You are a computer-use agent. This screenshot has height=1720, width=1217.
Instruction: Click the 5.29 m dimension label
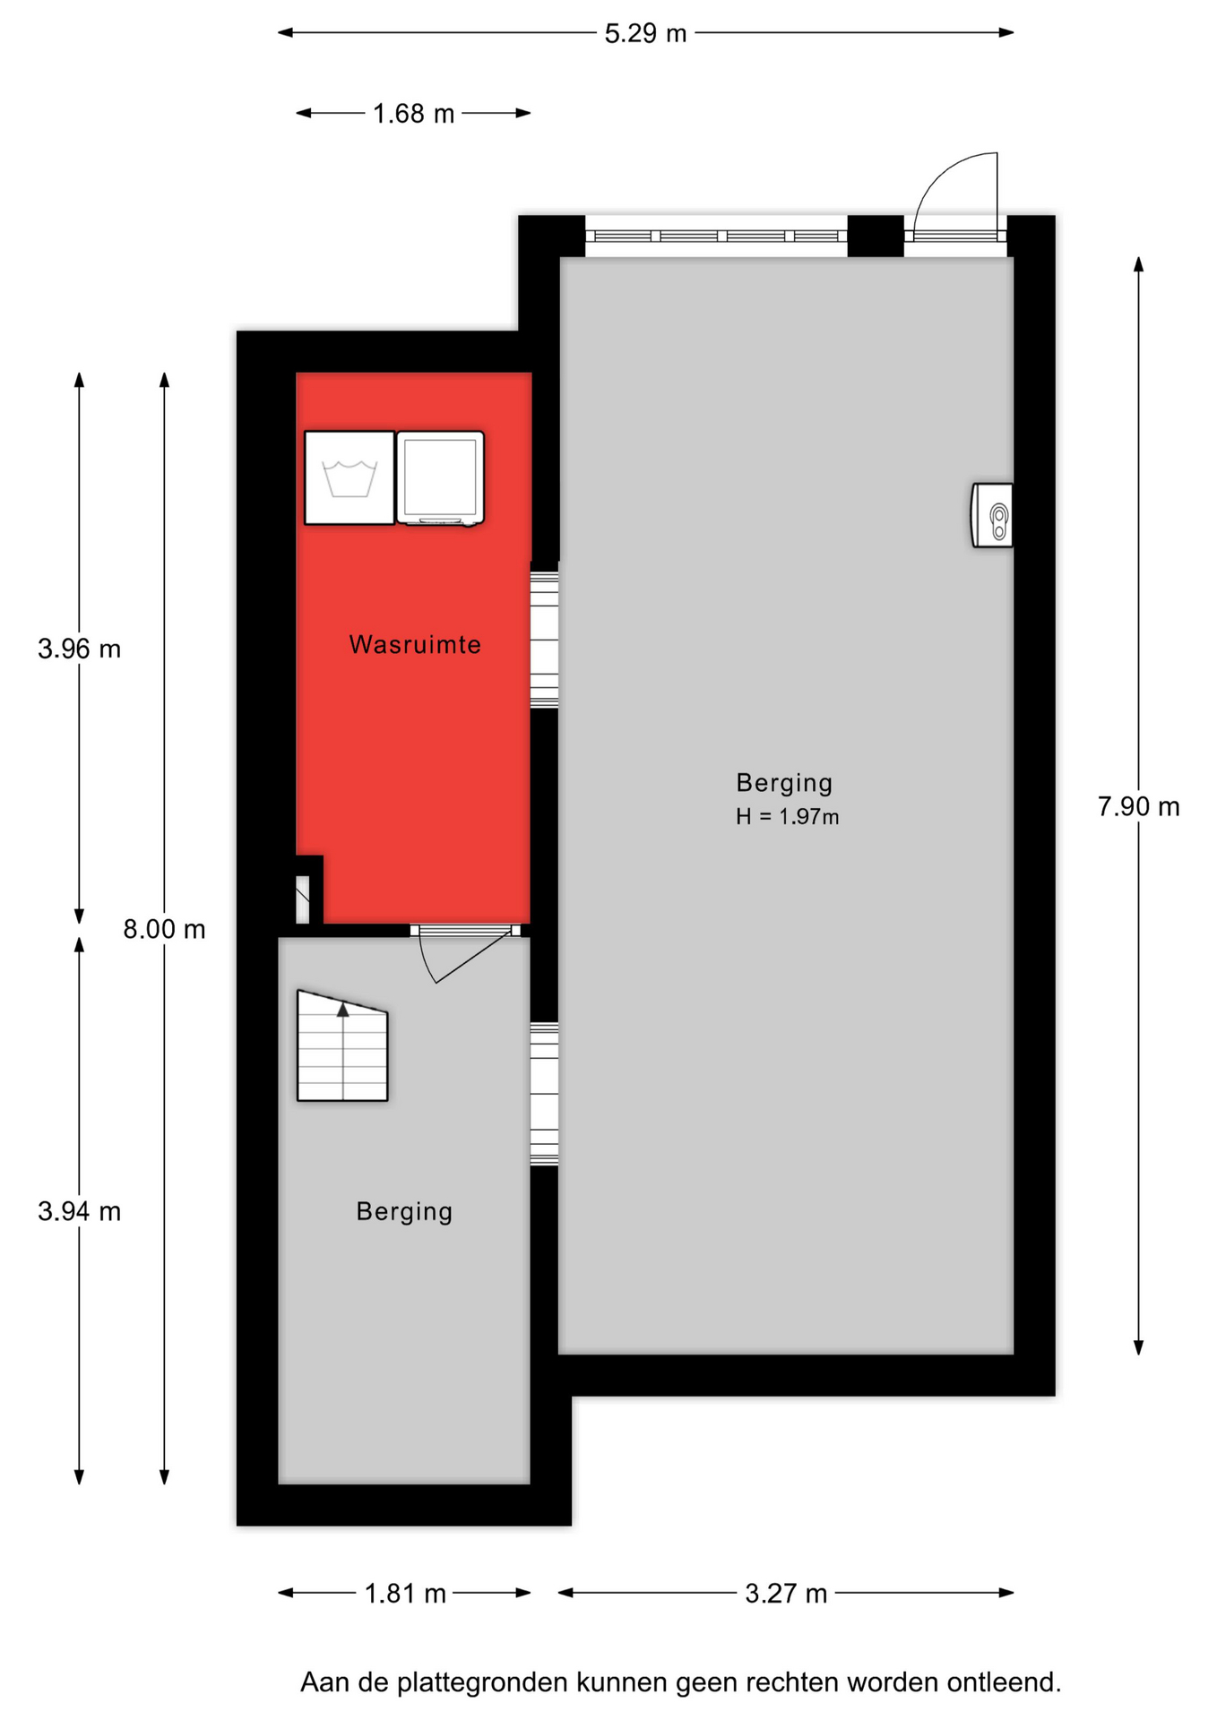click(x=645, y=33)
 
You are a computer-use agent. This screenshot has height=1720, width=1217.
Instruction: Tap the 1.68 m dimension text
click(x=413, y=114)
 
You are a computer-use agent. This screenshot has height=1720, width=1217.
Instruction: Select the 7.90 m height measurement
click(x=1138, y=807)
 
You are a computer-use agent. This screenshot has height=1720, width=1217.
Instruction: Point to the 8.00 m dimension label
click(x=164, y=930)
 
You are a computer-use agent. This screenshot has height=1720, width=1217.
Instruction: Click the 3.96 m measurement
click(x=79, y=649)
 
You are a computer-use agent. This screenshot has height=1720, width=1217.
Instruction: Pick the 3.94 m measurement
click(x=79, y=1212)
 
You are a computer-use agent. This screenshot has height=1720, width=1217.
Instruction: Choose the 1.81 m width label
click(x=405, y=1594)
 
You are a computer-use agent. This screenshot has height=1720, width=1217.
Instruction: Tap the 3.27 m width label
click(x=786, y=1594)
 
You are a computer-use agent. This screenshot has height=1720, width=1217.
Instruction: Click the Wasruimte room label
click(x=415, y=645)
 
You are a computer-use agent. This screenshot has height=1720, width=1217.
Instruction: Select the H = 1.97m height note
click(x=788, y=817)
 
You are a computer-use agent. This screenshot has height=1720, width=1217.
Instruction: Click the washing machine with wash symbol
click(x=350, y=477)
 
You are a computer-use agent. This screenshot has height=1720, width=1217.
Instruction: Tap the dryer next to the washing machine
click(x=440, y=477)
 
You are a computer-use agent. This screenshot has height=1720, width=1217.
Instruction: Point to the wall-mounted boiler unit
click(x=992, y=515)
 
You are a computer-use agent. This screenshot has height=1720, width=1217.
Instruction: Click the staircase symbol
click(x=342, y=1045)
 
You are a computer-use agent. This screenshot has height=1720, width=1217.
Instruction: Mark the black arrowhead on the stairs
click(x=342, y=1010)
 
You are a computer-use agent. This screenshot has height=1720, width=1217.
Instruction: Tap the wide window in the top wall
click(x=716, y=236)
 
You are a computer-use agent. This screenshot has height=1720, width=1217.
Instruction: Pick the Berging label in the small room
click(x=404, y=1212)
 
